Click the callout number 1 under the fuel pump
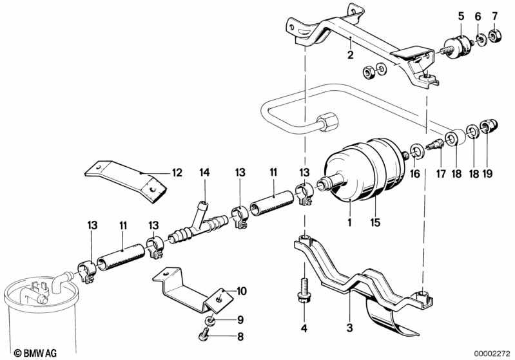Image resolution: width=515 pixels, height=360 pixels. tap(348, 224)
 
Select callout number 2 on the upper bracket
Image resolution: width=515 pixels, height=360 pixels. tap(350, 55)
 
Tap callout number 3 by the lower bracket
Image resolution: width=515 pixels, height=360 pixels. tap(350, 328)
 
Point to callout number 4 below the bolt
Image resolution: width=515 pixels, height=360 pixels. tap(304, 328)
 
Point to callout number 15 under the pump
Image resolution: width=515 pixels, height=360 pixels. tap(375, 224)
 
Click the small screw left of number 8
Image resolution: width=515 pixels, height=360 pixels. tap(202, 336)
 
